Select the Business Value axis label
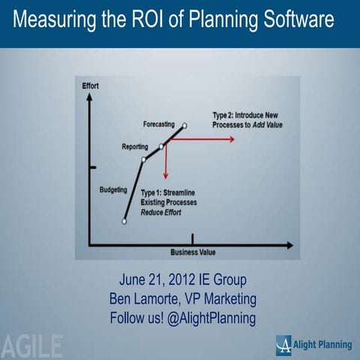click(193, 251)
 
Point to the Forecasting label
click(159, 123)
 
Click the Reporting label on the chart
click(135, 146)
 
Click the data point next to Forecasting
click(184, 125)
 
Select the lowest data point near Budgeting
click(124, 221)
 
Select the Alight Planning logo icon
click(284, 344)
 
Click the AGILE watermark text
click(32, 346)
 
